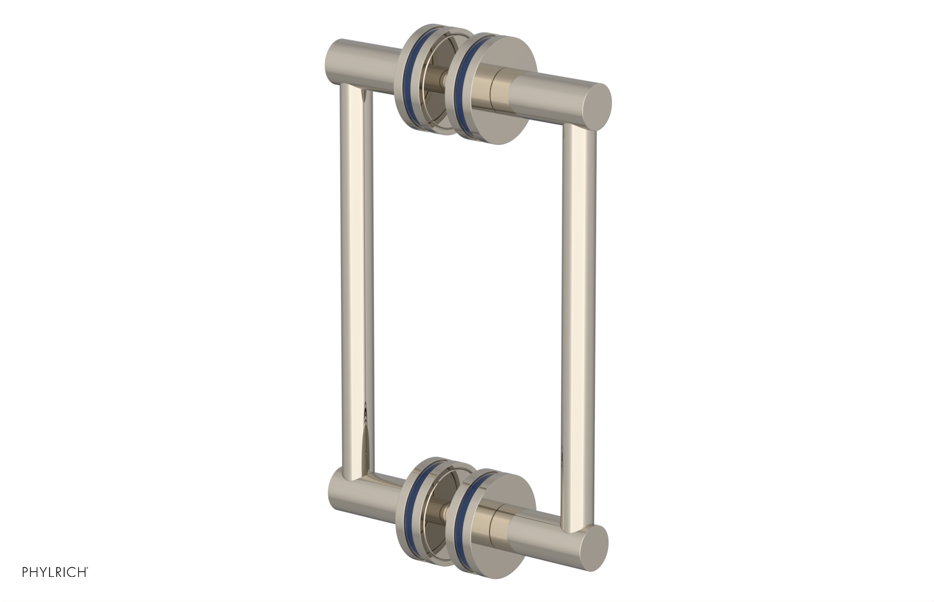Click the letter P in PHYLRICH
coord(26,572)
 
